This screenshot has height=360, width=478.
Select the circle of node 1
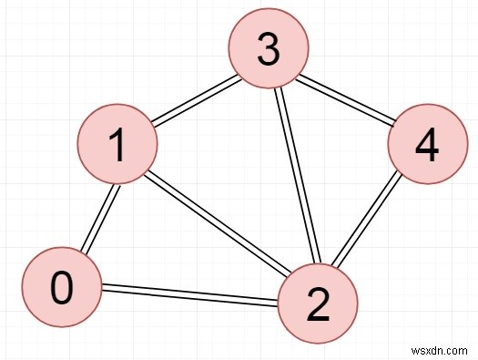(117, 147)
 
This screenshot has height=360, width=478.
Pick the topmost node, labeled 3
(267, 50)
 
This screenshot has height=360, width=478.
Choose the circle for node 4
(426, 147)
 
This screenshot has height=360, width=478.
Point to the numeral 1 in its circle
(117, 147)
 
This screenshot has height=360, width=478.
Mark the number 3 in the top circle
(267, 50)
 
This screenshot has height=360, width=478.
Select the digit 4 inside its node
(426, 147)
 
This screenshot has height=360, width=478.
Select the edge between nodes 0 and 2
(188, 296)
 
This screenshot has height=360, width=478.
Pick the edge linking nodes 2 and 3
(292, 178)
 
